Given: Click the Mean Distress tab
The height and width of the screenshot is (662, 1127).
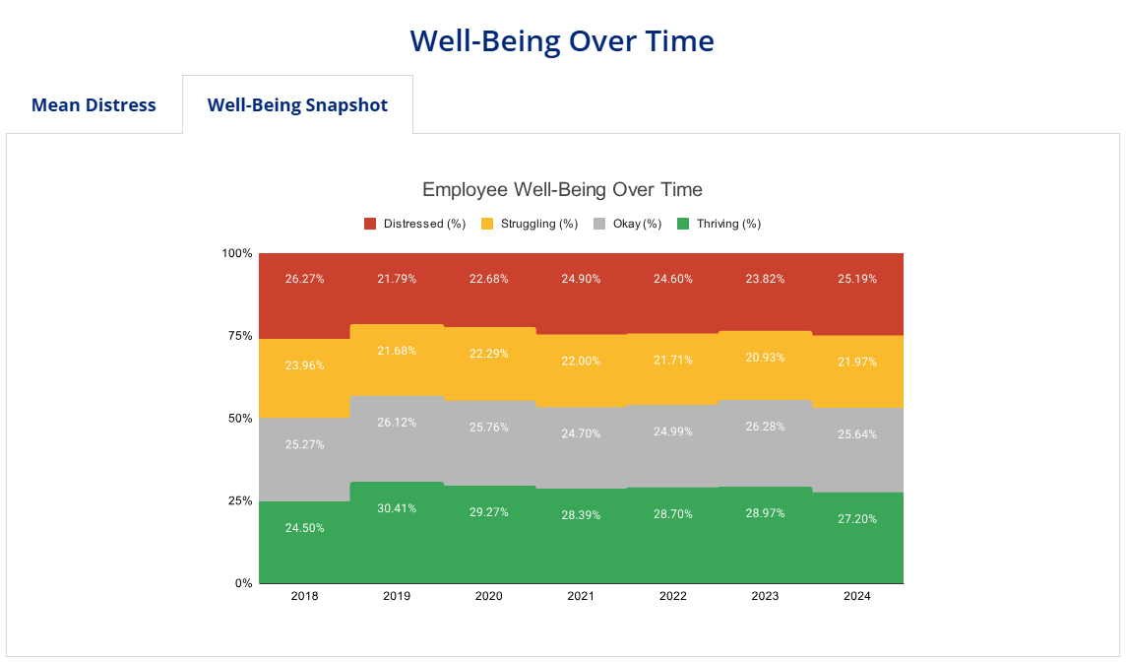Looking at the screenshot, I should [x=94, y=105].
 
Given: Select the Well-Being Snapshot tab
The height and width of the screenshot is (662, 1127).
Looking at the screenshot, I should [x=297, y=105].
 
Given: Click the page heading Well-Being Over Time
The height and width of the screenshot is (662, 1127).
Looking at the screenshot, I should [x=562, y=41].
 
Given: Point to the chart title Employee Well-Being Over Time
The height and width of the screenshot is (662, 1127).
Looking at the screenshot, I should [x=562, y=189].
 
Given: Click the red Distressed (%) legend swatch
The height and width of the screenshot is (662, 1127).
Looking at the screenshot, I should [x=371, y=224].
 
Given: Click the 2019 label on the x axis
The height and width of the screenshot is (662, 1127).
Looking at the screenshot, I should [x=397, y=596].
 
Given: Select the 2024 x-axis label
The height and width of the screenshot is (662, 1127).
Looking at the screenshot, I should [x=857, y=596].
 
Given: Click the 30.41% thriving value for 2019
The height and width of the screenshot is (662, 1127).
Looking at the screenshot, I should [x=397, y=508].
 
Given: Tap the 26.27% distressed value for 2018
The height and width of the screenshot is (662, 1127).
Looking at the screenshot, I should [x=304, y=279].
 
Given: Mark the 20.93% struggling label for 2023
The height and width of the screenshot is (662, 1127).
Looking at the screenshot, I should [x=765, y=358].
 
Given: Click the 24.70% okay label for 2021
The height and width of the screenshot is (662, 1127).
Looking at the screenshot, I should [x=581, y=432].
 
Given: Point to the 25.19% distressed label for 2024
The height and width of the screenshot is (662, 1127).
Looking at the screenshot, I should [x=857, y=279].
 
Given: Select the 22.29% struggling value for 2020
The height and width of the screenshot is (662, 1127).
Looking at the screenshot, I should [x=488, y=354].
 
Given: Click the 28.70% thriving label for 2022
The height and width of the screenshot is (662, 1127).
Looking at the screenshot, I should [x=673, y=515].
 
